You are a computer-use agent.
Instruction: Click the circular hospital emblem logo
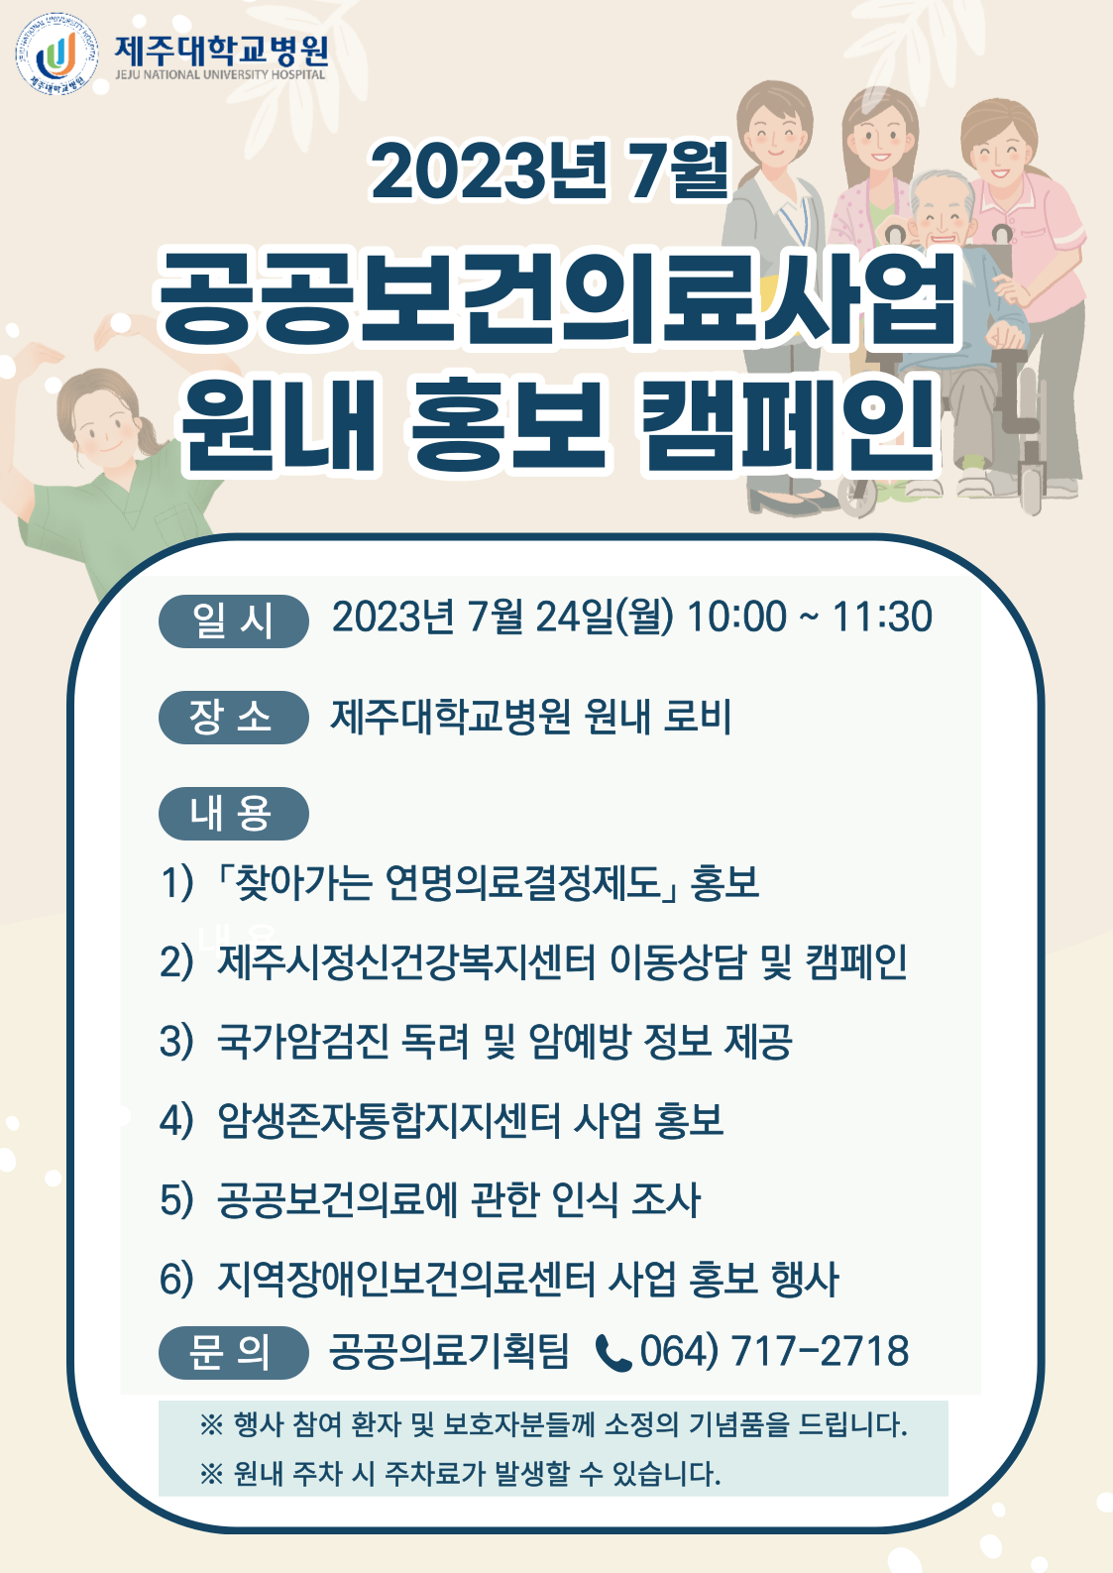(x=56, y=55)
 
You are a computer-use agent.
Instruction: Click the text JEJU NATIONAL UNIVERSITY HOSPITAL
(x=220, y=75)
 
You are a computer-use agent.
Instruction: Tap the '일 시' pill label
(x=233, y=620)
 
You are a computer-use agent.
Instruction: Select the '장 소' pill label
(x=233, y=717)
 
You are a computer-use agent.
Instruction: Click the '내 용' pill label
(x=233, y=813)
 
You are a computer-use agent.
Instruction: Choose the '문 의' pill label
(x=233, y=1352)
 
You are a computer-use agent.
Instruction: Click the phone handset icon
(x=613, y=1353)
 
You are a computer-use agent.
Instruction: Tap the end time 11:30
(x=882, y=617)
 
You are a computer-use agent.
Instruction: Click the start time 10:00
(x=736, y=617)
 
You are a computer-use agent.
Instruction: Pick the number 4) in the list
(x=176, y=1120)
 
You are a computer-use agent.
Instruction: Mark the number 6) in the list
(x=176, y=1279)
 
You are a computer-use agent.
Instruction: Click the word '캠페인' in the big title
(x=790, y=424)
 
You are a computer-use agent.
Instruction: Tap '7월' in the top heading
(x=678, y=169)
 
